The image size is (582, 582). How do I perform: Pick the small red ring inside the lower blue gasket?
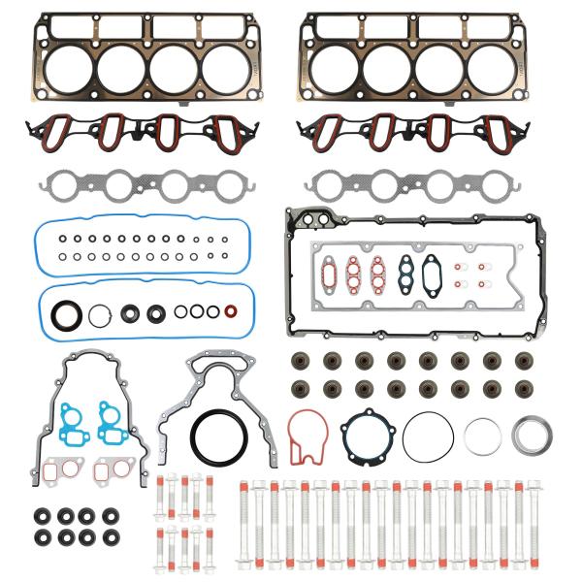click(231, 312)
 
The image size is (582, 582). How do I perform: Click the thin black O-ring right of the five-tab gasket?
click(428, 437)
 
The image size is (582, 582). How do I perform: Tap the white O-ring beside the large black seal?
click(100, 314)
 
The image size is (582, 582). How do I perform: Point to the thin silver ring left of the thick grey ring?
click(481, 436)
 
